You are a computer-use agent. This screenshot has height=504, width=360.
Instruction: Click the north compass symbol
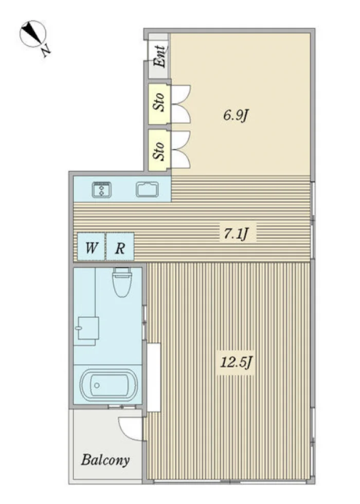[x=33, y=34]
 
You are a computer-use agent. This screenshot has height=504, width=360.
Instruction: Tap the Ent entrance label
[x=159, y=56]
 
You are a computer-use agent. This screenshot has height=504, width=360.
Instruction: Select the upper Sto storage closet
[x=158, y=104]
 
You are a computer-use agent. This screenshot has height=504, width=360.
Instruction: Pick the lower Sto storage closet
[x=158, y=150]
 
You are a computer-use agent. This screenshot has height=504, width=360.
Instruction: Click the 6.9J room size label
[x=236, y=115]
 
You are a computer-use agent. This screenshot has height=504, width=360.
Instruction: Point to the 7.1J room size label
[x=236, y=233]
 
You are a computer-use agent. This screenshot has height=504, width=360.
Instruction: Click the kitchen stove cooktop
[x=102, y=189]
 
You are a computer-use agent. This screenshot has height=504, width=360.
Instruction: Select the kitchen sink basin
[x=147, y=189]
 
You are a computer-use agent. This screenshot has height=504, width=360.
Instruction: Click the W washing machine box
[x=92, y=246]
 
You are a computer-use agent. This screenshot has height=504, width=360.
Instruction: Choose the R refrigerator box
[x=120, y=246]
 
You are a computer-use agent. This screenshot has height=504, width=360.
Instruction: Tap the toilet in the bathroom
[x=122, y=282]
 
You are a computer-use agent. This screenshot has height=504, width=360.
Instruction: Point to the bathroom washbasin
[x=88, y=328]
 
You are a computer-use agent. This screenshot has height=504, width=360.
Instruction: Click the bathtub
[x=109, y=385]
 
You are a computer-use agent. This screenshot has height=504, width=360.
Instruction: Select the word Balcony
[x=105, y=460]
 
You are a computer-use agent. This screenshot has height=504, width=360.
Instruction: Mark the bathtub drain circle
[x=97, y=385]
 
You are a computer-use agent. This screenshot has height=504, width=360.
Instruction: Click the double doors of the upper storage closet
[x=181, y=104]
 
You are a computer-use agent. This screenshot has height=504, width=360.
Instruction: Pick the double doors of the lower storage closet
[x=181, y=150]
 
